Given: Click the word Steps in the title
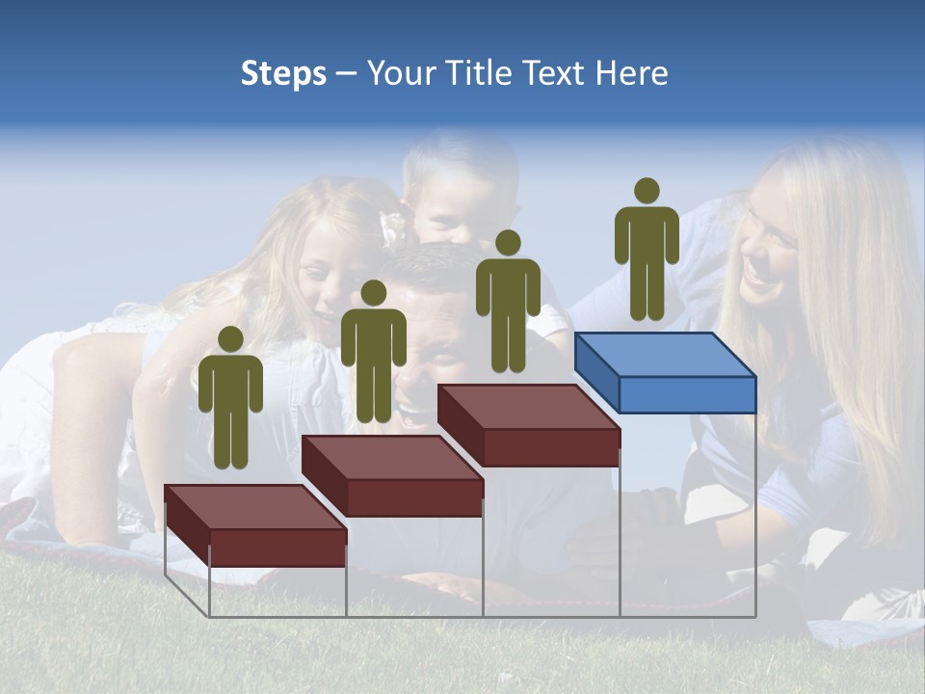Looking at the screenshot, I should [283, 73].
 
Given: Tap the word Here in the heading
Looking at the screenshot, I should [631, 73].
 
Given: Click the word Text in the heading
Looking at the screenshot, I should [554, 73].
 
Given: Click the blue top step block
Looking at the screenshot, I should [665, 371].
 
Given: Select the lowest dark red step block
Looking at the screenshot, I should [255, 525].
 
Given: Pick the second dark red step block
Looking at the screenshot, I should [392, 474].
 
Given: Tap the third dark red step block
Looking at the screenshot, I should [528, 424].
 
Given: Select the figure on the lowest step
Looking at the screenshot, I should [230, 400].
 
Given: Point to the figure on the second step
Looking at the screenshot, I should [373, 354].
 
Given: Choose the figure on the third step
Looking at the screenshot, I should [508, 304].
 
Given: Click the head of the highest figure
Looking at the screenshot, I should [647, 191].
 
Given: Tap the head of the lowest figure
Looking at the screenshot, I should [230, 339].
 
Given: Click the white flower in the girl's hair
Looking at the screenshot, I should [392, 227].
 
